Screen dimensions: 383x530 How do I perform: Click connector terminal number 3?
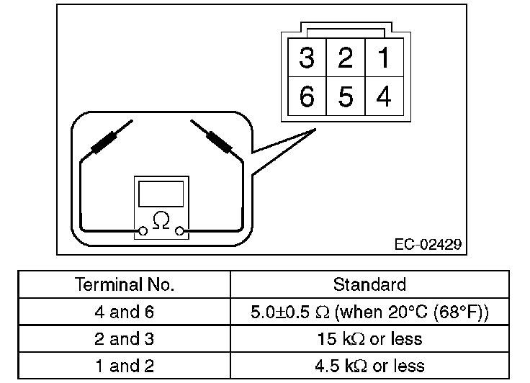307,58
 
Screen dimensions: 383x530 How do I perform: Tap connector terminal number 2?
346,58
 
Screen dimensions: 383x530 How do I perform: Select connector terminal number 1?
384,58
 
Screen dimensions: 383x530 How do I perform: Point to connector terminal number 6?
307,96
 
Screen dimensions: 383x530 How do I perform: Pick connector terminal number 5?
346,96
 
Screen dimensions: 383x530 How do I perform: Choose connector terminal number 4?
384,96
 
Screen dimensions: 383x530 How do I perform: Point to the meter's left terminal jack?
143,230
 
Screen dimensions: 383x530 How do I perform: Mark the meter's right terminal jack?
181,230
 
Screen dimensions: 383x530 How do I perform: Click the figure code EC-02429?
427,245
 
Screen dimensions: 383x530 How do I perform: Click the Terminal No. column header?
125,284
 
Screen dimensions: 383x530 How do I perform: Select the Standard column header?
369,284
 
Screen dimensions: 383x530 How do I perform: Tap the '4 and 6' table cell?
125,312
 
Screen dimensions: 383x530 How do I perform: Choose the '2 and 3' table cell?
125,338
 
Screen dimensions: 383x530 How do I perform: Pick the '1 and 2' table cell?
125,365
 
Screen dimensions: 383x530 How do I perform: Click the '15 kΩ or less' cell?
369,338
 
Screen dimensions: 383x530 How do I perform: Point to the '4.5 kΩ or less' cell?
369,365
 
